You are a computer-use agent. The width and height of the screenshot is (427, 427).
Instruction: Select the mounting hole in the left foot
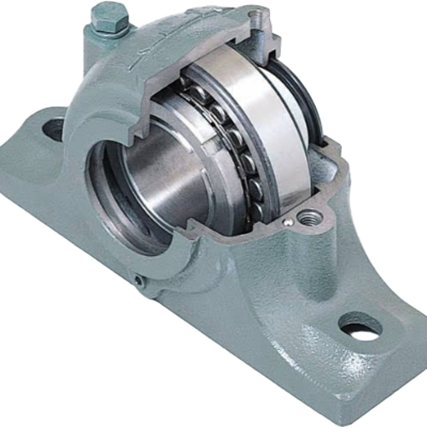coord(52,131)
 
